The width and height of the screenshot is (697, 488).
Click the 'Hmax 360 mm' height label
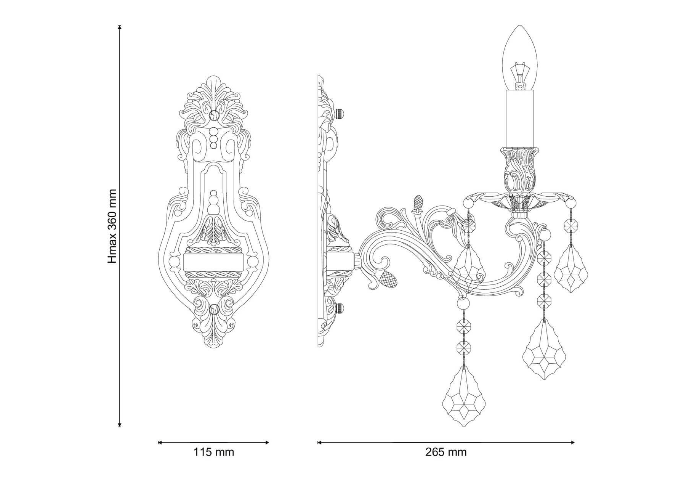tap(112, 226)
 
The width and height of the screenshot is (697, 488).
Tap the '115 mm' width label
tap(213, 452)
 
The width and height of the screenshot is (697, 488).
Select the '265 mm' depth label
tap(446, 452)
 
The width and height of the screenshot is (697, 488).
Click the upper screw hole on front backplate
tap(215, 115)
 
